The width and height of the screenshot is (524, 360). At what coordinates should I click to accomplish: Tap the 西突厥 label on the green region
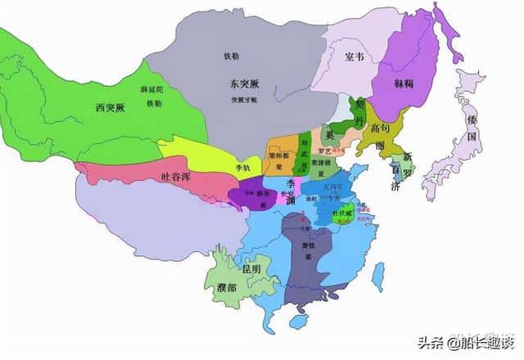point(111,107)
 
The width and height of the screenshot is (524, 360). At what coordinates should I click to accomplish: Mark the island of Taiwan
point(377,276)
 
